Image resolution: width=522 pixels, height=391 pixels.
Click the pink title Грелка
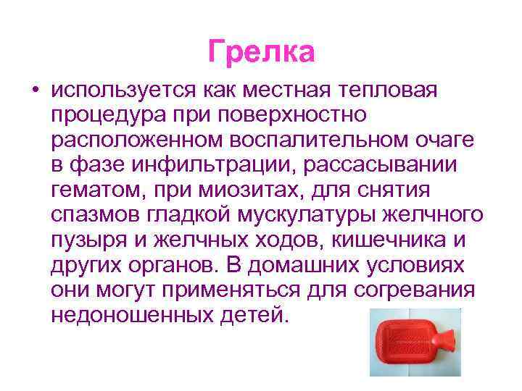[261, 51]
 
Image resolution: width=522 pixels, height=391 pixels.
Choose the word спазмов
[96, 216]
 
